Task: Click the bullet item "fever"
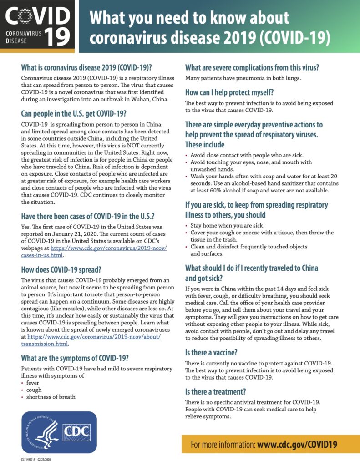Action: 33,383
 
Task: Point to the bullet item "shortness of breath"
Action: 51,396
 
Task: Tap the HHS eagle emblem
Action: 41,431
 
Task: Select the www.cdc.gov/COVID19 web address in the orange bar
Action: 297,444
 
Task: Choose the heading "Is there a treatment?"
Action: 215,391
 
